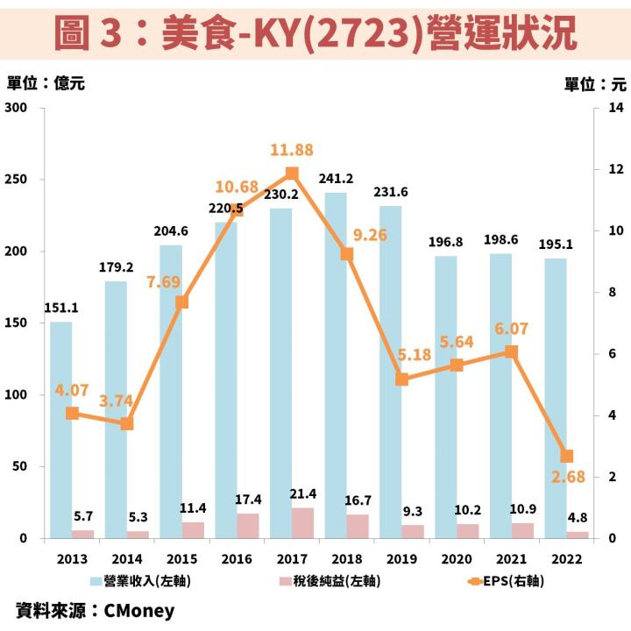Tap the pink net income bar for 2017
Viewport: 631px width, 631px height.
303,522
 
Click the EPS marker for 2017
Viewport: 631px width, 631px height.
292,174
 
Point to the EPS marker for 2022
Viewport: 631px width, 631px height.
567,456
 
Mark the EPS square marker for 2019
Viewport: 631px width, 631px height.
401,379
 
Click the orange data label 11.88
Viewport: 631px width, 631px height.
292,150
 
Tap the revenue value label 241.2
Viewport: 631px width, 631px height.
337,179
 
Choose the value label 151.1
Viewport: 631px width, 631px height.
61,308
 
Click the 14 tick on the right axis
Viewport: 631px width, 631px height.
614,108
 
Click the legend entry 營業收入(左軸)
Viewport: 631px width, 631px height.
140,580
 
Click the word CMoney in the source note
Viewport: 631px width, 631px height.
139,610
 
